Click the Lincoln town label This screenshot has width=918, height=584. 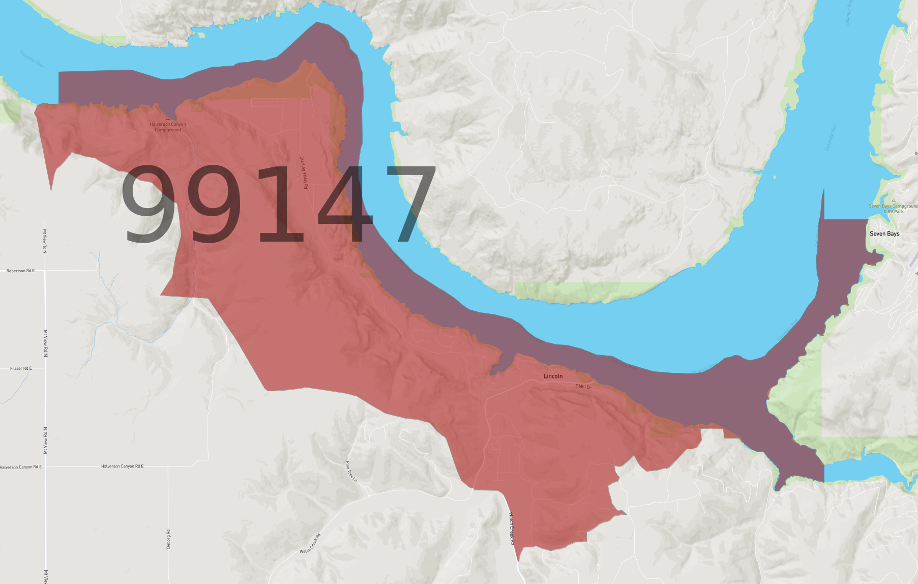553,376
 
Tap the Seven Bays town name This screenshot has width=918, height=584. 884,234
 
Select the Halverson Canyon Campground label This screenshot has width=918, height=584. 168,127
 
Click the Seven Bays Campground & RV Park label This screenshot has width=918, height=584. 893,209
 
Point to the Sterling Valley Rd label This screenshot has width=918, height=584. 304,172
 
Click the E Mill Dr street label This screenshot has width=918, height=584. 583,387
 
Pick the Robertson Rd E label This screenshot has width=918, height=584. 20,271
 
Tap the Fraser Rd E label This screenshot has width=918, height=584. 21,368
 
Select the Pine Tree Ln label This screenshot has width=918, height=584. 351,472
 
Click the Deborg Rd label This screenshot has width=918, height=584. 168,539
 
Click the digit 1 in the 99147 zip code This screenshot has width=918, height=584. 281,205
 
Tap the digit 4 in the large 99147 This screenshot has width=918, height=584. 346,205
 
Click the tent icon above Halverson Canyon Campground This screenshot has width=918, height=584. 167,119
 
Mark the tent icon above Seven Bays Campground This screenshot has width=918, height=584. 893,200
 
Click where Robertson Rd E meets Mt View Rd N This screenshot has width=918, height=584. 45,271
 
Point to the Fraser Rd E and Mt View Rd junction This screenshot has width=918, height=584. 45,368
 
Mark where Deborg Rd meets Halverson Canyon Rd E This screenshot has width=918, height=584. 168,466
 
